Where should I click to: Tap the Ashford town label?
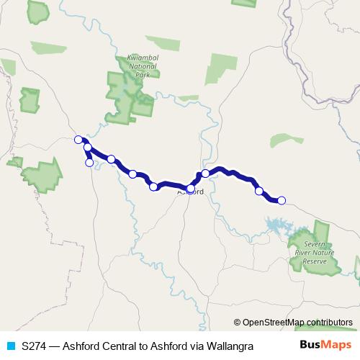[x=191, y=192]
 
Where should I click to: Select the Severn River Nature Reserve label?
[x=315, y=253]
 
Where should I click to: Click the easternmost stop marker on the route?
[x=282, y=200]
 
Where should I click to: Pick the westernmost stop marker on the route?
[x=78, y=140]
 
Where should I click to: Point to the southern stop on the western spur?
[x=89, y=163]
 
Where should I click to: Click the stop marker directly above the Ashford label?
[x=191, y=188]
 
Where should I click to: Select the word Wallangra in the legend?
[x=231, y=346]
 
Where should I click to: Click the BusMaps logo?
[x=325, y=345]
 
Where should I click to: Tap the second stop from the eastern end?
[x=259, y=191]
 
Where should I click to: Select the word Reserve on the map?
[x=315, y=261]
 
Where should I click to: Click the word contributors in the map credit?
[x=329, y=322]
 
